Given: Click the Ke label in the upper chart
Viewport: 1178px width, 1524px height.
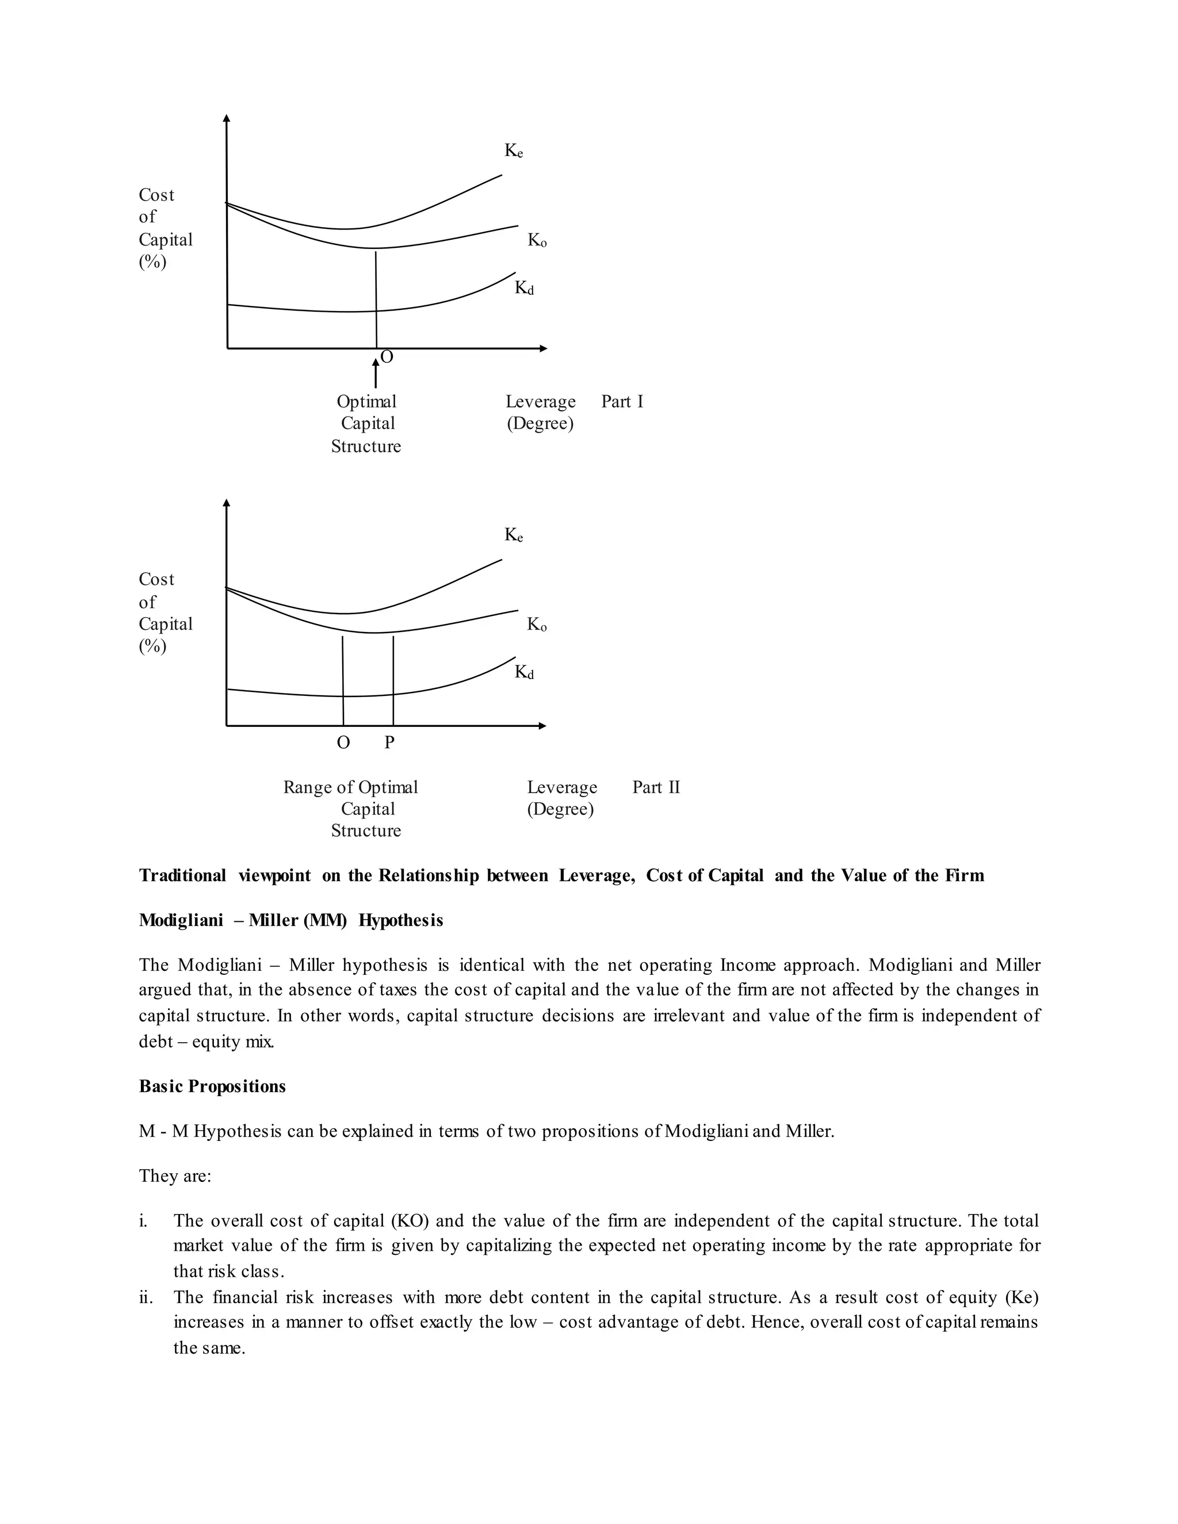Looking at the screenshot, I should (514, 151).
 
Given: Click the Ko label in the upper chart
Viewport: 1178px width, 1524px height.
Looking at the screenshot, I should (537, 241).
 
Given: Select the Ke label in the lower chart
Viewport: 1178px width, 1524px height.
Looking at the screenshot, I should (514, 536).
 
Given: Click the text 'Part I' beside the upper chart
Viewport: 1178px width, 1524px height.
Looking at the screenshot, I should (622, 402).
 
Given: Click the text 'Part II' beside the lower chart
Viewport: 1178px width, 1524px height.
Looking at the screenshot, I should (655, 787).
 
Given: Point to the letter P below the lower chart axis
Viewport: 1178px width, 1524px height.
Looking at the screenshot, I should (389, 742).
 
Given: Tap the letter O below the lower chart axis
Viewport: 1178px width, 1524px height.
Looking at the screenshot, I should (343, 742).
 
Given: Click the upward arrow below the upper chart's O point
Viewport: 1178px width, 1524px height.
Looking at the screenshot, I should (376, 373).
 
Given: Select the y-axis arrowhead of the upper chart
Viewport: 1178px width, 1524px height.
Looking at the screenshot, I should (226, 118).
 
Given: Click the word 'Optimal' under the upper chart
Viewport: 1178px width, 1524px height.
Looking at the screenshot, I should (366, 402).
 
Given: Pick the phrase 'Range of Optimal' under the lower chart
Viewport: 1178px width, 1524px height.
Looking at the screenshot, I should (350, 787).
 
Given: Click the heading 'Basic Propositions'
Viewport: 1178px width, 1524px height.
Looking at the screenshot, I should (212, 1086).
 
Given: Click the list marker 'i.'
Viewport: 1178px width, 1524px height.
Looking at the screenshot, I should (143, 1220).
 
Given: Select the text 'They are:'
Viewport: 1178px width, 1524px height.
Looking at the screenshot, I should (174, 1176).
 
